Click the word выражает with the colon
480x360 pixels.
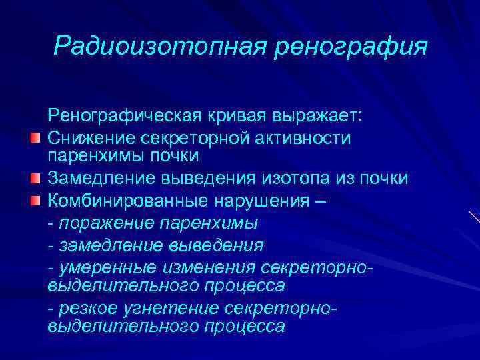[318, 116]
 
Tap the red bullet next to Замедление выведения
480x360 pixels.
[35, 180]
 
